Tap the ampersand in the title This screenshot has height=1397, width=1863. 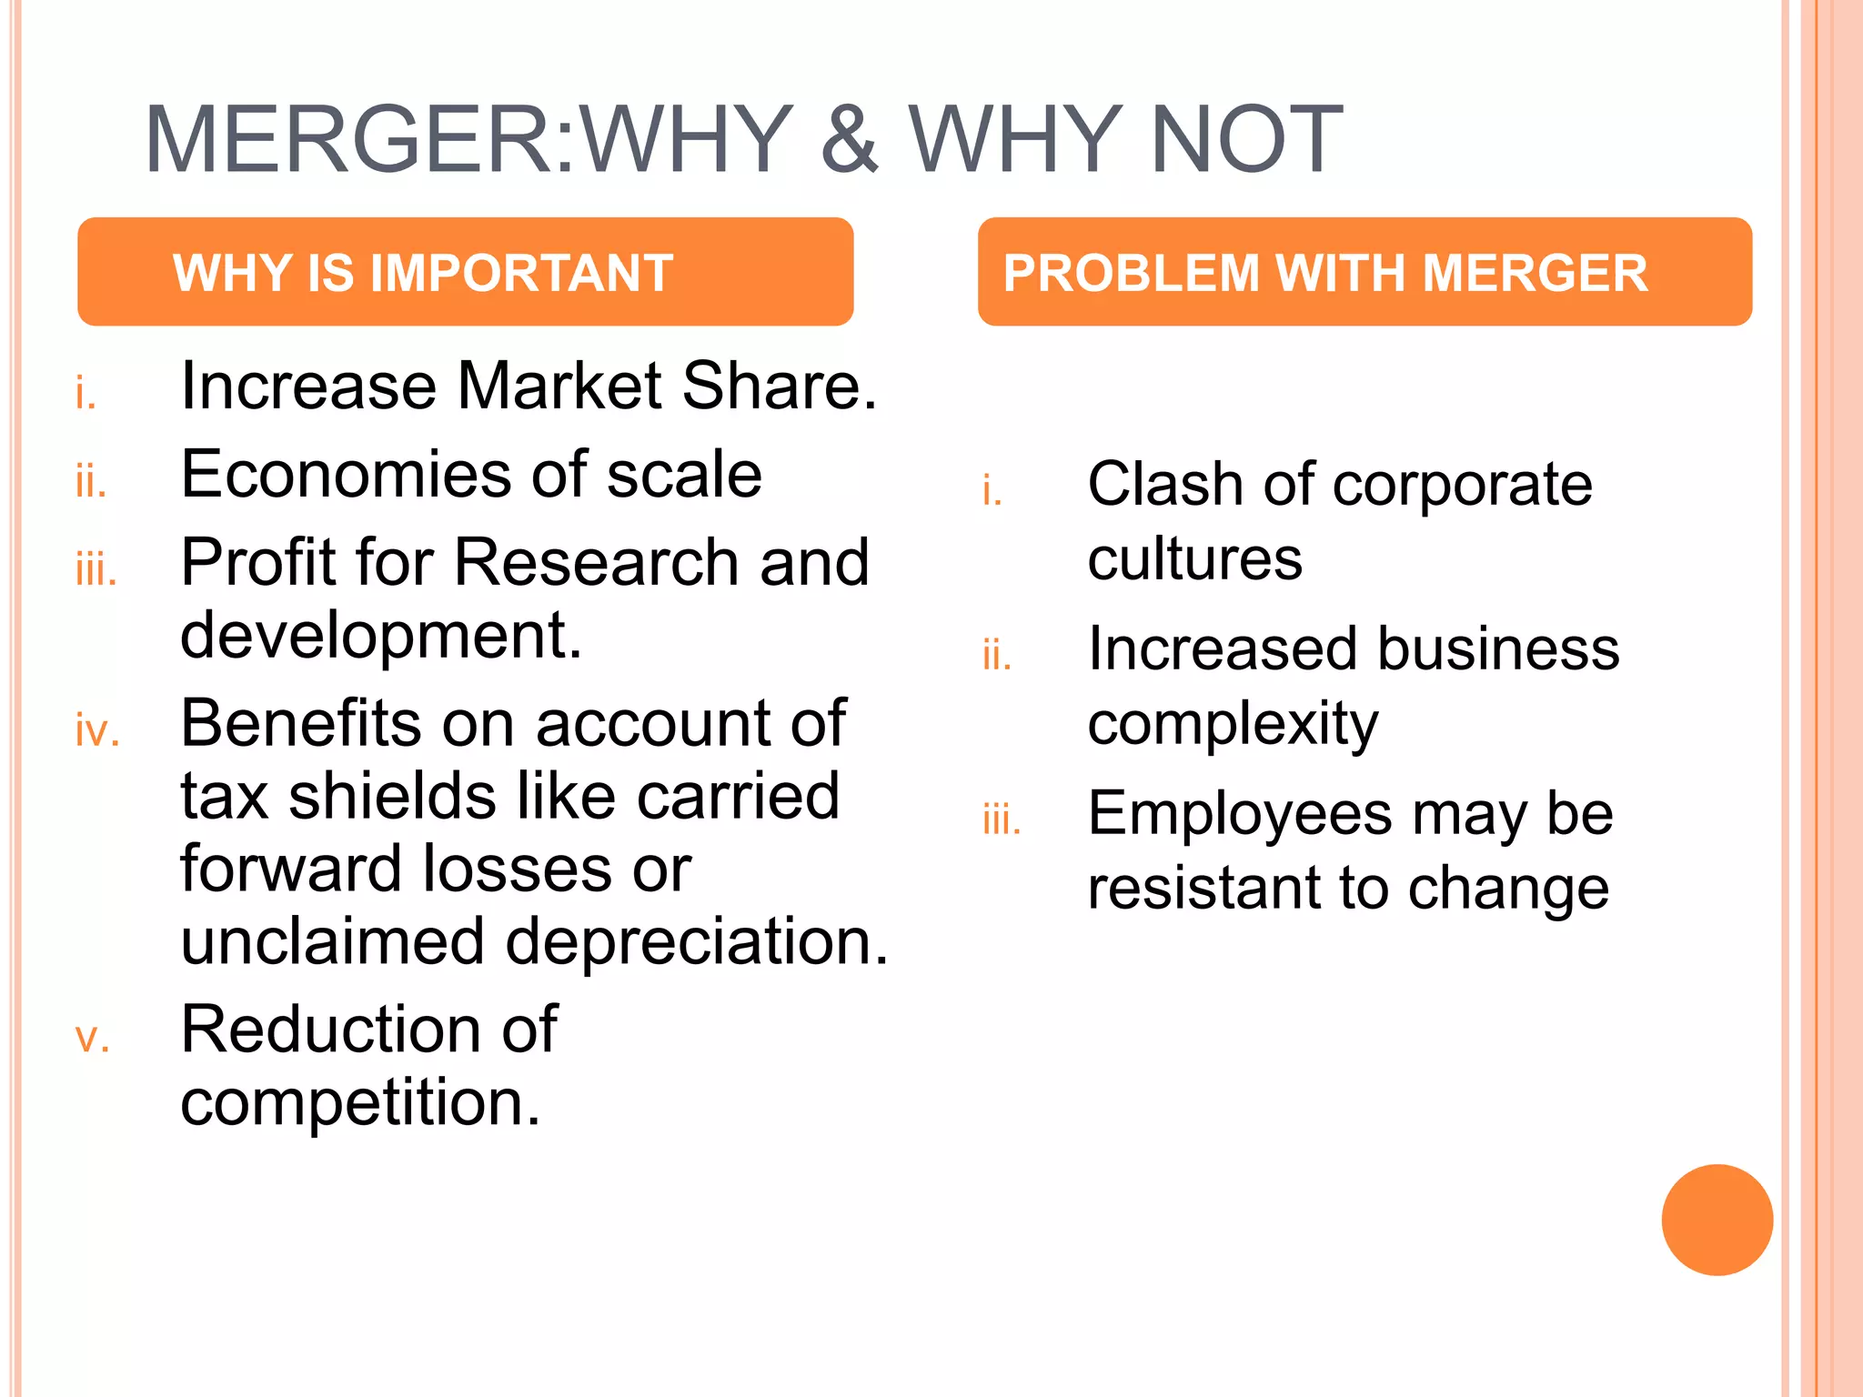click(x=850, y=140)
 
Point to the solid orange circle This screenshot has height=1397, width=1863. click(x=1717, y=1220)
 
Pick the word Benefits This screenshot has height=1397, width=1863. click(x=301, y=724)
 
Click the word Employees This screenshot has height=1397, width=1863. click(x=1240, y=814)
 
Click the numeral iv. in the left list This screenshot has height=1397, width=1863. click(x=97, y=731)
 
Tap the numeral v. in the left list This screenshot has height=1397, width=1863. click(x=92, y=1038)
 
